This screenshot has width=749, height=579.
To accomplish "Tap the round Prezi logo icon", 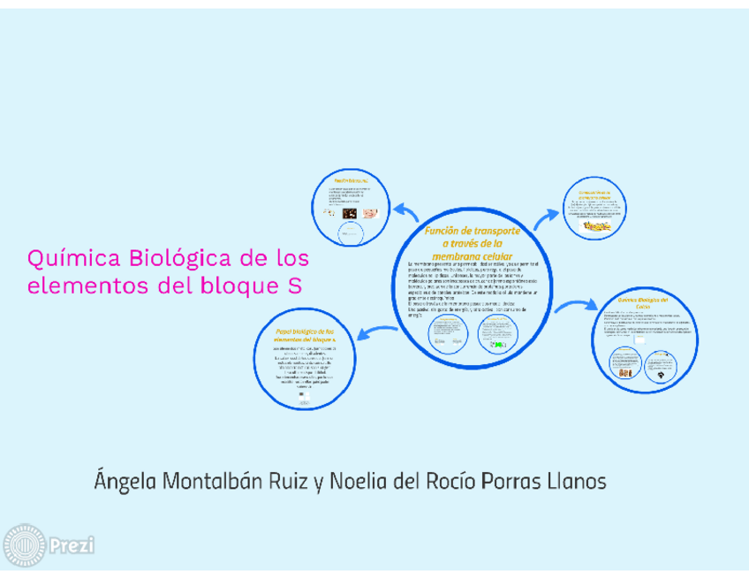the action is coord(24,545).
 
